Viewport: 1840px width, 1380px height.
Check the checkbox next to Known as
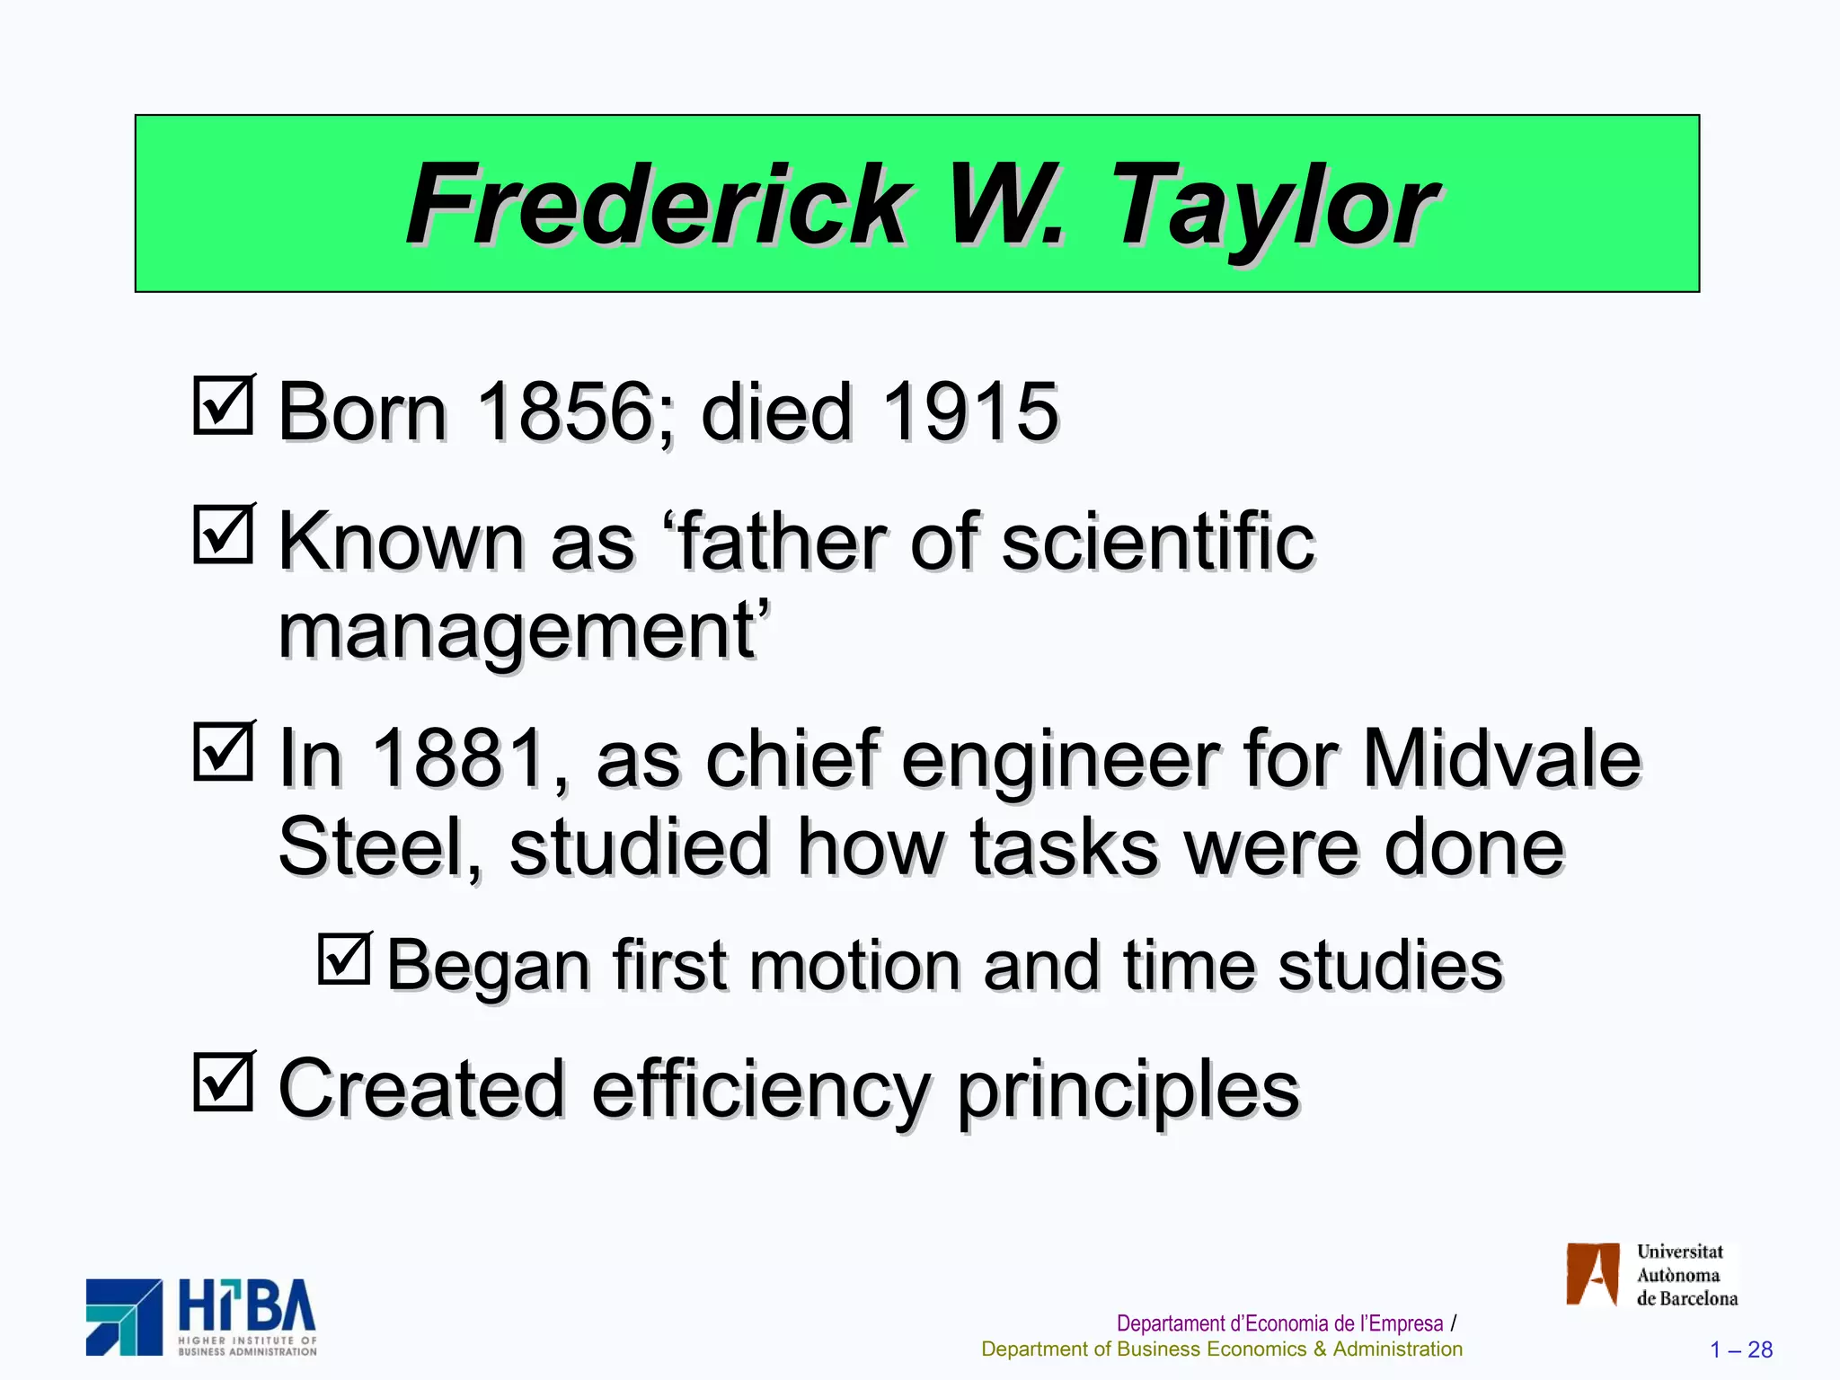(x=223, y=535)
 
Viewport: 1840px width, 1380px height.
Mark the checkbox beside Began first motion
(x=345, y=960)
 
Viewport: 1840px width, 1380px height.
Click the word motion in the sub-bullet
(x=854, y=966)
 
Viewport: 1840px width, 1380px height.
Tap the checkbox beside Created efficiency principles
(x=223, y=1083)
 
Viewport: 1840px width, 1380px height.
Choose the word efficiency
(x=759, y=1089)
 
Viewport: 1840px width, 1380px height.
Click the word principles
(x=1128, y=1089)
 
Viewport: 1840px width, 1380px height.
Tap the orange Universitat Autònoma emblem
(x=1592, y=1274)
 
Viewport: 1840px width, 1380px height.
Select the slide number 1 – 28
(x=1740, y=1349)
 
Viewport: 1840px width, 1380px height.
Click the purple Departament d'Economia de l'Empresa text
(x=1279, y=1323)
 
